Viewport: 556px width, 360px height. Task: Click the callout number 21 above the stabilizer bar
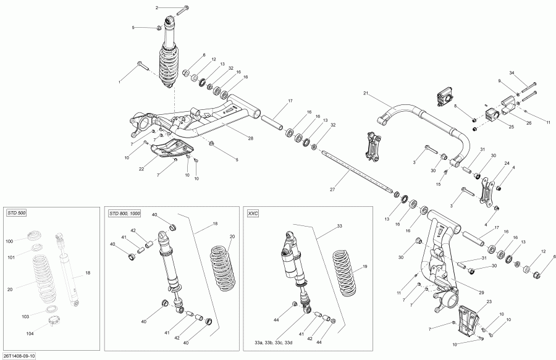coord(365,93)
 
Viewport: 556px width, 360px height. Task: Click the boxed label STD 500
coord(16,213)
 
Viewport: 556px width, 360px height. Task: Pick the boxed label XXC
coord(253,213)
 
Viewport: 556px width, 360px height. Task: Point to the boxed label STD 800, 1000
coord(124,213)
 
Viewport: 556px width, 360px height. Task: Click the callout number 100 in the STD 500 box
coord(9,241)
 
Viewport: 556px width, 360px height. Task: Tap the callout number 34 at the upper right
coord(512,73)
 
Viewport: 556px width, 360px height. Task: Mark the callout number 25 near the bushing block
coord(511,127)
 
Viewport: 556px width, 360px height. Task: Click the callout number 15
coord(439,184)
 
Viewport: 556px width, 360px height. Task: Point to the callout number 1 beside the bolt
coord(120,81)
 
